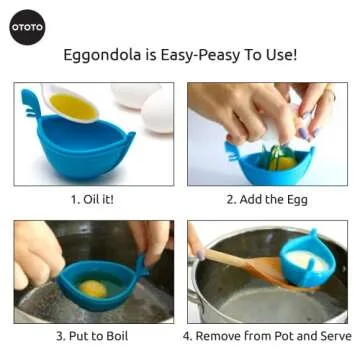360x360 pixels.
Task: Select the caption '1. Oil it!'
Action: point(91,198)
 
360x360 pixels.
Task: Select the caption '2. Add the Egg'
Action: point(267,198)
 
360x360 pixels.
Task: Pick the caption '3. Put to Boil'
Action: point(91,335)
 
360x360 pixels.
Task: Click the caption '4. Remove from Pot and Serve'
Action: point(267,335)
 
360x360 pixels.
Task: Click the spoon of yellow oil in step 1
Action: point(72,104)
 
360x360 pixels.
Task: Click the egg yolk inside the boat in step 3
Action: point(93,288)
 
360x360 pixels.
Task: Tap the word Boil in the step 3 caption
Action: point(114,335)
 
